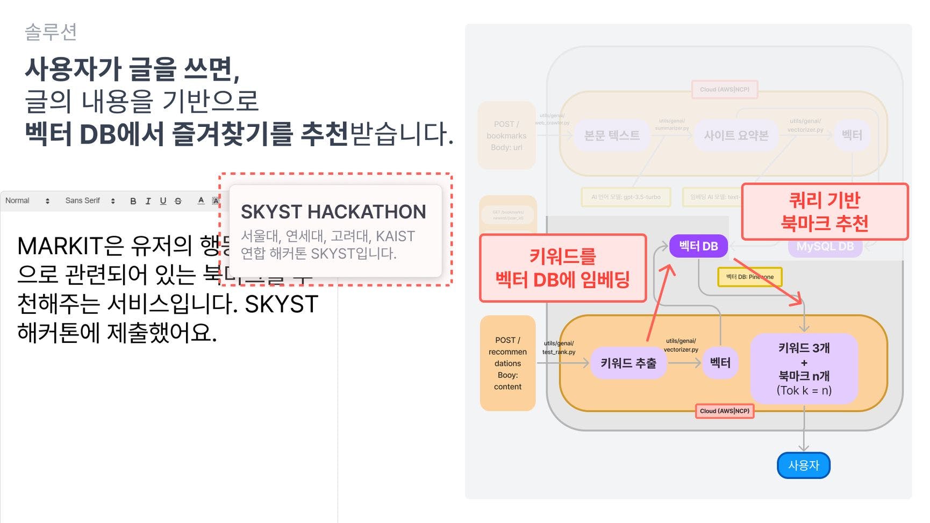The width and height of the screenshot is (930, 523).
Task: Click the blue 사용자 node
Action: (803, 465)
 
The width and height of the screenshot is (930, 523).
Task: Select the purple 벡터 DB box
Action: (698, 246)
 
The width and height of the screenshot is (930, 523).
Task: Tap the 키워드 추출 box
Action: (628, 363)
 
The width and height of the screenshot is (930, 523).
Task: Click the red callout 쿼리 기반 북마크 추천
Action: (824, 212)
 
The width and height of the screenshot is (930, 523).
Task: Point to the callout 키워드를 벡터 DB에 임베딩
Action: (562, 268)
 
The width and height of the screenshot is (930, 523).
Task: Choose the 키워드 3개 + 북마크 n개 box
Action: (804, 369)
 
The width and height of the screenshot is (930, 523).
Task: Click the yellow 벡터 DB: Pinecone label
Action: (749, 277)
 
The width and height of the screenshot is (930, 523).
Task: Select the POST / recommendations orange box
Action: (507, 363)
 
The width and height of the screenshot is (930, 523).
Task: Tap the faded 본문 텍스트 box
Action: (612, 135)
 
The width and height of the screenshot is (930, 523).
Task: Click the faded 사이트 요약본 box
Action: (736, 135)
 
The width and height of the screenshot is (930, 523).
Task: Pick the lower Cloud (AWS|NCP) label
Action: (724, 411)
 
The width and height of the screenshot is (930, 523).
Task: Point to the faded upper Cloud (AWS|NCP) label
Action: (724, 89)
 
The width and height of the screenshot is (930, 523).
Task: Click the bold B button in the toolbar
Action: (133, 201)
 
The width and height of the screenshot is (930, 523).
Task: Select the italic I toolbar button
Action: (148, 201)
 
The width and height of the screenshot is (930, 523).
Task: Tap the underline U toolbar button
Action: (163, 201)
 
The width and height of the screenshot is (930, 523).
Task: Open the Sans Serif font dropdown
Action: (89, 201)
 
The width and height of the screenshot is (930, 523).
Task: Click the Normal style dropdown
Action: (27, 201)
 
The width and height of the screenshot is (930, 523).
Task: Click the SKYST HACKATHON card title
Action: (333, 212)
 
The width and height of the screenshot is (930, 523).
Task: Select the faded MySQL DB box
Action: (825, 247)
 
